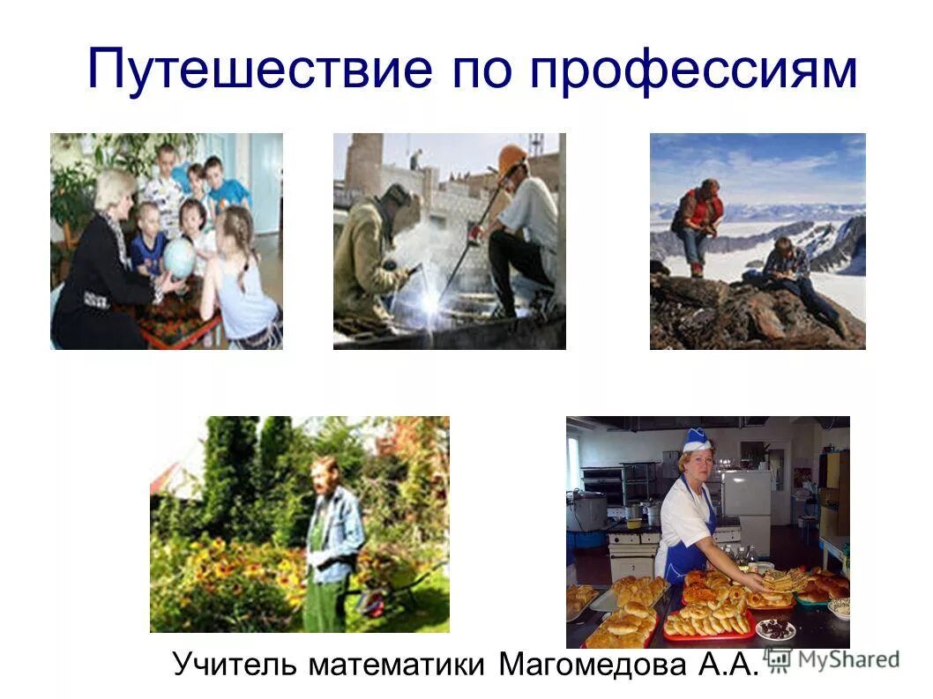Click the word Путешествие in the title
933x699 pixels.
click(x=261, y=71)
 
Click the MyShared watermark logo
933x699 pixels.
click(x=832, y=658)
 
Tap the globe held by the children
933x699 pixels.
click(x=179, y=258)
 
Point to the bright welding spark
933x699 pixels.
click(x=429, y=304)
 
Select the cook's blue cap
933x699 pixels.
click(x=698, y=439)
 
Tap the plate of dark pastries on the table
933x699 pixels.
click(x=775, y=628)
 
